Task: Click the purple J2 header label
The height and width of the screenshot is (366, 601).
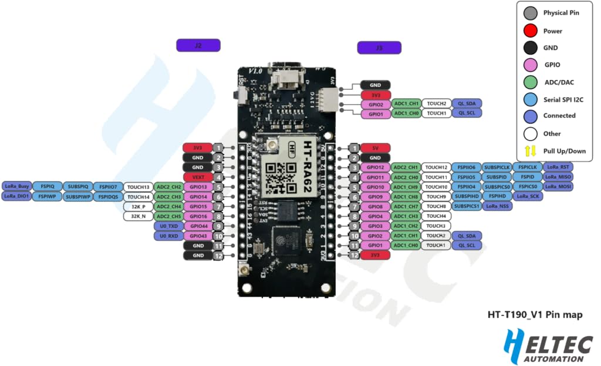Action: point(198,45)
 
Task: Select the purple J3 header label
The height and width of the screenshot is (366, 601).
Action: point(379,48)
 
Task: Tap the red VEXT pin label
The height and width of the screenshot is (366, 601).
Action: point(197,177)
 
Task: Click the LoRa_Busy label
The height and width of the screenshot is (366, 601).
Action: point(17,186)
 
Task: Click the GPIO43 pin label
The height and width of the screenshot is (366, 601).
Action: point(197,236)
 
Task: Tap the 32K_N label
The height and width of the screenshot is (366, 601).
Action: point(139,216)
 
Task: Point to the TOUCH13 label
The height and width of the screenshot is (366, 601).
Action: point(139,187)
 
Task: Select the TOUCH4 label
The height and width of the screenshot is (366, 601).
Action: point(436,216)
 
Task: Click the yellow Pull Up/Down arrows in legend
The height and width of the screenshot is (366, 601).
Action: point(529,150)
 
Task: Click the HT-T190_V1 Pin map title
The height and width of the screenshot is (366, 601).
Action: point(535,315)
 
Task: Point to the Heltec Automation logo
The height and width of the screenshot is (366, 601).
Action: point(544,346)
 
